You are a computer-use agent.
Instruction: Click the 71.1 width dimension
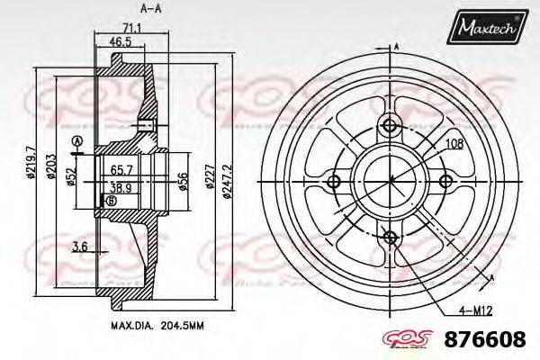pos(131,29)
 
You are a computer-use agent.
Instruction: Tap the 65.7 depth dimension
pos(121,168)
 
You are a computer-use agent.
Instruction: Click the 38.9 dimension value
pos(120,188)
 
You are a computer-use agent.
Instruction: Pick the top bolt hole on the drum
pos(391,124)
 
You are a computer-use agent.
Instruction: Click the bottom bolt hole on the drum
pos(391,237)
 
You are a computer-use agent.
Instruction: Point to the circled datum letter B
pos(111,200)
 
